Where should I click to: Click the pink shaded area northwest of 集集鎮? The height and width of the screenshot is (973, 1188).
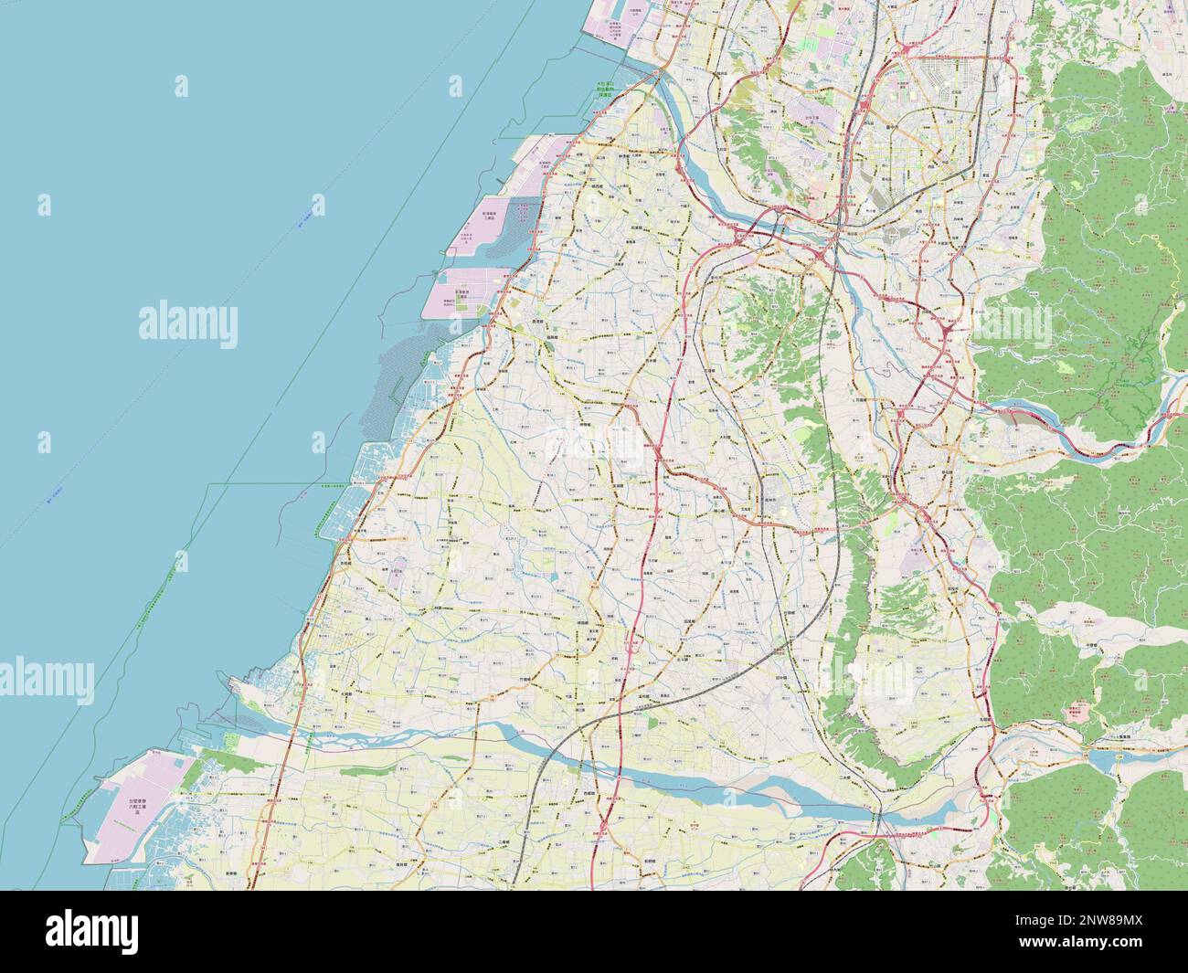point(1083,712)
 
